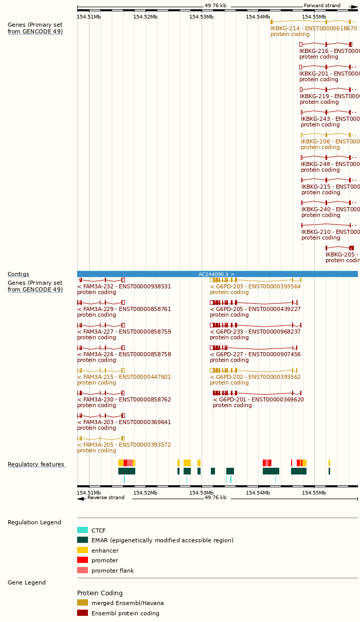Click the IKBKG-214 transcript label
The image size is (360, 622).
(314, 29)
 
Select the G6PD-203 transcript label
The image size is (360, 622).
(255, 286)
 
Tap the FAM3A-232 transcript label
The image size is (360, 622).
(124, 286)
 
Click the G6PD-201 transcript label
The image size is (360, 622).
(258, 399)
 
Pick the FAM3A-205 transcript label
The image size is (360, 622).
(124, 445)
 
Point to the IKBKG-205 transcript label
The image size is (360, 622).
(342, 254)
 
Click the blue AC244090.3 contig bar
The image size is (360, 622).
(217, 274)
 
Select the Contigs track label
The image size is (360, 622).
(18, 274)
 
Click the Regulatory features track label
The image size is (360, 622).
(36, 465)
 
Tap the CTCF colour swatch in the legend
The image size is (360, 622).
(82, 530)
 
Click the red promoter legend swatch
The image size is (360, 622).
(82, 560)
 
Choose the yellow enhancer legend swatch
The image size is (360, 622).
(82, 550)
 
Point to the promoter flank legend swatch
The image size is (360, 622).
(82, 571)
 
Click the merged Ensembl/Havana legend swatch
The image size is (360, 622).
(82, 603)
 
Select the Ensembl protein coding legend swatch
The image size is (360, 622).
(82, 613)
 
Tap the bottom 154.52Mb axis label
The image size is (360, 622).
(145, 492)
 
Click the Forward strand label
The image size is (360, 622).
(322, 6)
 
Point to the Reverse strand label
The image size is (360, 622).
(105, 498)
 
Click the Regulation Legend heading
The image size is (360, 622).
(34, 523)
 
